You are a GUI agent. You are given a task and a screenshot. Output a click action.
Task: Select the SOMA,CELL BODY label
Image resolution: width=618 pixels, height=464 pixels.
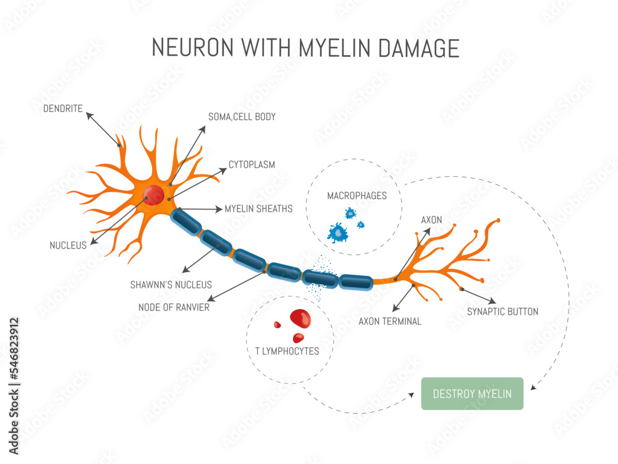[242, 116]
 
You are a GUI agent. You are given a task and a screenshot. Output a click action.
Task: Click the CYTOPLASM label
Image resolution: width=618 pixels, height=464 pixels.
[252, 165]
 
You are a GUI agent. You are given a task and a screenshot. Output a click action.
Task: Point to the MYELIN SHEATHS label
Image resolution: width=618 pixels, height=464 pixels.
[258, 208]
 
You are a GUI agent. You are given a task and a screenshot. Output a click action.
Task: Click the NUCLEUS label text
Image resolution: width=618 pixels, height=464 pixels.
[68, 246]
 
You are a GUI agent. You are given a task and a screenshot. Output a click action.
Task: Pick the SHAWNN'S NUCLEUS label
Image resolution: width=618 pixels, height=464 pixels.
[171, 285]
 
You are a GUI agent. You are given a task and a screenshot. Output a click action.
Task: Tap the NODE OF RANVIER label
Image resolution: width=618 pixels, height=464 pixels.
[174, 307]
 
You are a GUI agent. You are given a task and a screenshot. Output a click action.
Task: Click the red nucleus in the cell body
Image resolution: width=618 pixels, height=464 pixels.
[153, 195]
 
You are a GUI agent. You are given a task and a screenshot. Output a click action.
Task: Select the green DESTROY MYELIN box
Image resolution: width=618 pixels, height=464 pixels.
[472, 393]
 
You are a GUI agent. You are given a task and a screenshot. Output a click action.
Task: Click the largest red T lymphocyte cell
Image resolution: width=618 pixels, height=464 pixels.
[300, 319]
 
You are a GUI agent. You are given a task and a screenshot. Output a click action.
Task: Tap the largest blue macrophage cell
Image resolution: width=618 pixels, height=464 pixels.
[337, 233]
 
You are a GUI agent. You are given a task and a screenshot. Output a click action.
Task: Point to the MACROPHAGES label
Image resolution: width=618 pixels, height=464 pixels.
[357, 196]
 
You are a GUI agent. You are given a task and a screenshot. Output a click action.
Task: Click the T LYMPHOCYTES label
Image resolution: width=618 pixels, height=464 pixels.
[287, 351]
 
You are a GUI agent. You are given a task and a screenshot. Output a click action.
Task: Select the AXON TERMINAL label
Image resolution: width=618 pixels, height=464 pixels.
[390, 321]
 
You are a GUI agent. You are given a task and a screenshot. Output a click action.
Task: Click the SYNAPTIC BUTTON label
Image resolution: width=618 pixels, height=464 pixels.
[502, 311]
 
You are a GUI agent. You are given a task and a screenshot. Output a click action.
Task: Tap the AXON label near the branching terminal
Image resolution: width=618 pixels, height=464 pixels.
[431, 220]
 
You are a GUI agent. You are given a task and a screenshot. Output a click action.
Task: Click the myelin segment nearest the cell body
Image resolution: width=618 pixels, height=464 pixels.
[186, 220]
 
